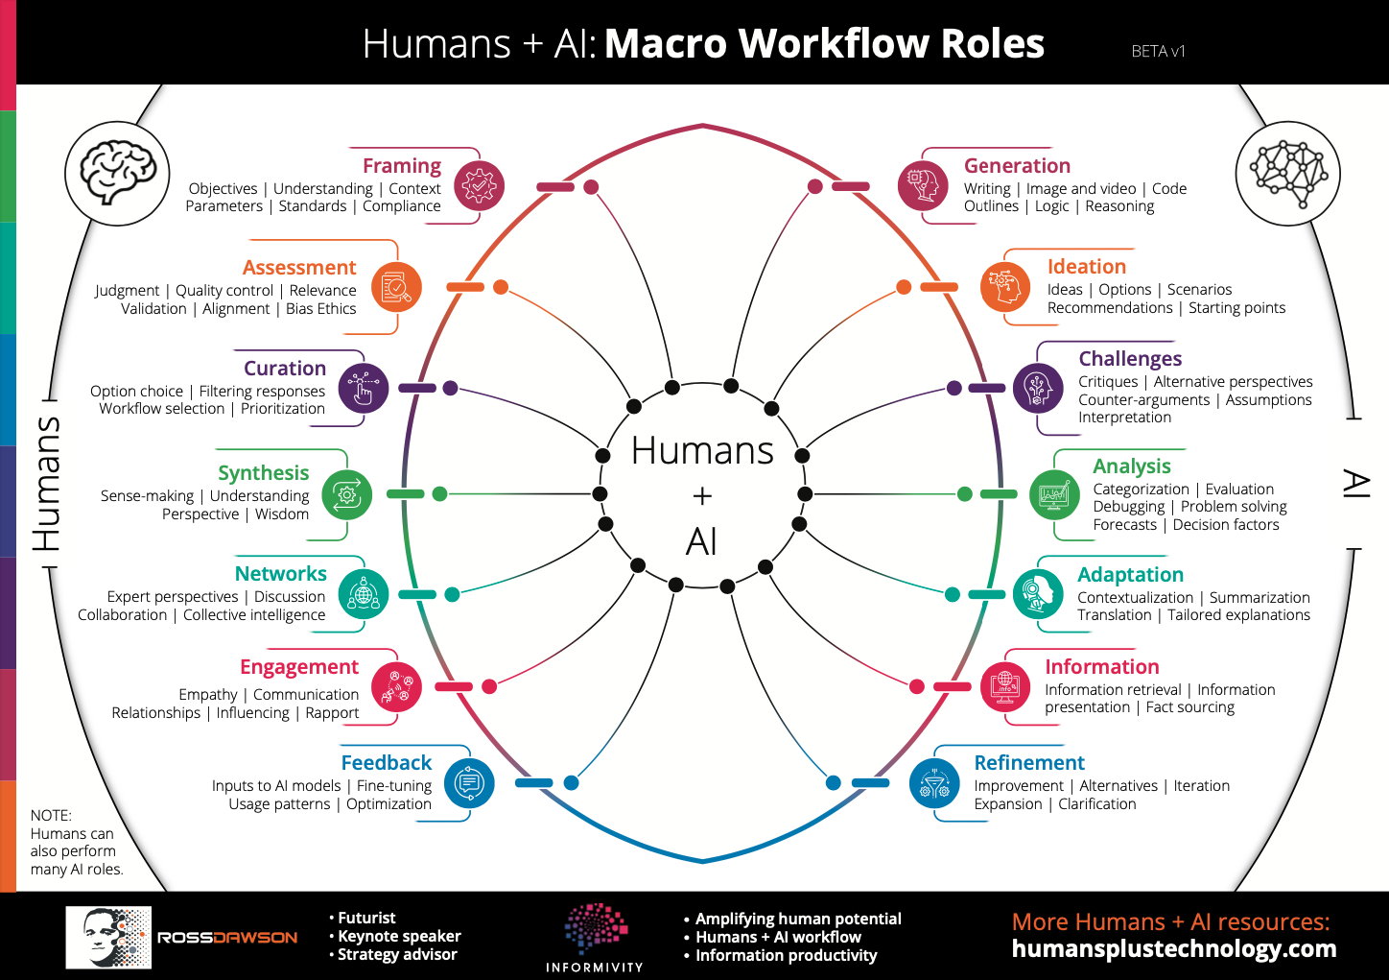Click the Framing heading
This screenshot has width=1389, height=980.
(402, 166)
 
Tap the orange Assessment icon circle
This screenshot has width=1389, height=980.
(396, 287)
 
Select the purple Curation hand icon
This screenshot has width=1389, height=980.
(364, 389)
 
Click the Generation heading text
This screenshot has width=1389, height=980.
(1017, 166)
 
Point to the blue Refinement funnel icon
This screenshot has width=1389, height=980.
(934, 783)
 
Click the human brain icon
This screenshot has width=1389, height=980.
(117, 173)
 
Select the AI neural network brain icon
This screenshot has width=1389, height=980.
(1288, 173)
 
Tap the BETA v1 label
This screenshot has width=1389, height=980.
(1159, 51)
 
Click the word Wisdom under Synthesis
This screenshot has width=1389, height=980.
(281, 514)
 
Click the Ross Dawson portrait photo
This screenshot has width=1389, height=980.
(108, 937)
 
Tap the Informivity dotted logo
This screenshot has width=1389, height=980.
(596, 928)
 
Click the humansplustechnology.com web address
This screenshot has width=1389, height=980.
(1174, 948)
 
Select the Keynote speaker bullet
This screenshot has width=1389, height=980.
(395, 936)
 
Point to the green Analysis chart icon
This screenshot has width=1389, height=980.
(1054, 494)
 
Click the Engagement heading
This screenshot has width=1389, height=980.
(299, 666)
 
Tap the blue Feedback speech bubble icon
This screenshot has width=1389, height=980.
(469, 783)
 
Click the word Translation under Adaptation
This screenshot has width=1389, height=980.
(1115, 615)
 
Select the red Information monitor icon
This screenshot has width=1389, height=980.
(1005, 687)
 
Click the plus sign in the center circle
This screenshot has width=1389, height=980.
(702, 496)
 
